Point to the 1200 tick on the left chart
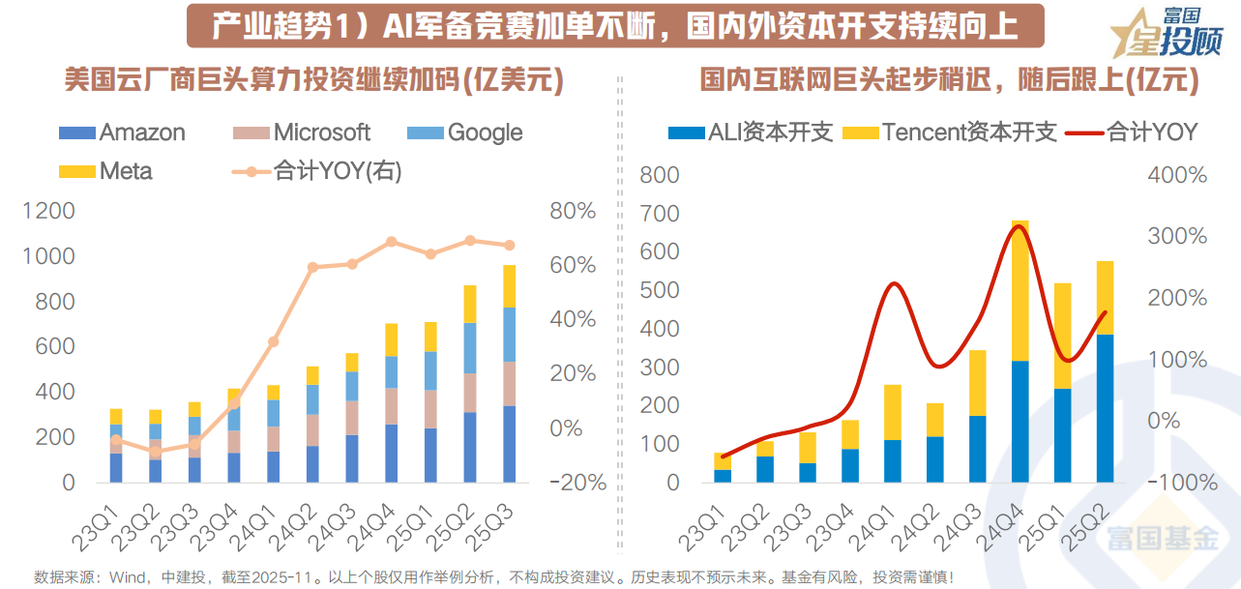coord(47,211)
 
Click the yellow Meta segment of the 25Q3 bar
coord(509,286)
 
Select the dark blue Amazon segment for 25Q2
coord(469,447)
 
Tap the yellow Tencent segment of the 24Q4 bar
coord(1019,290)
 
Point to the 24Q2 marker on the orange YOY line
coord(312,267)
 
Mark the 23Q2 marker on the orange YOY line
coord(156,451)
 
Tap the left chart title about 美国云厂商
coord(314,80)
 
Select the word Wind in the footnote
coord(127,576)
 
